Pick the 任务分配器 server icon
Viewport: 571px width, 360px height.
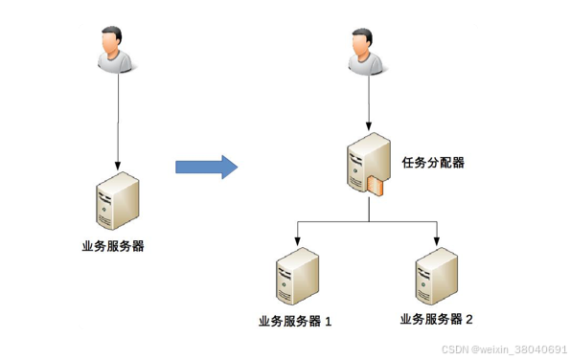click(368, 165)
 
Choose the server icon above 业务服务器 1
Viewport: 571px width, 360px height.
click(297, 277)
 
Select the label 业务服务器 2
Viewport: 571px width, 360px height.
click(436, 319)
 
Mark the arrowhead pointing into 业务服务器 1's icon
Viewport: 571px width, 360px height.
click(297, 240)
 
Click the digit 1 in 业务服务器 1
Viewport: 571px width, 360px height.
click(329, 322)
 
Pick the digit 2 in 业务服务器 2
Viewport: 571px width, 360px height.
click(469, 319)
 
